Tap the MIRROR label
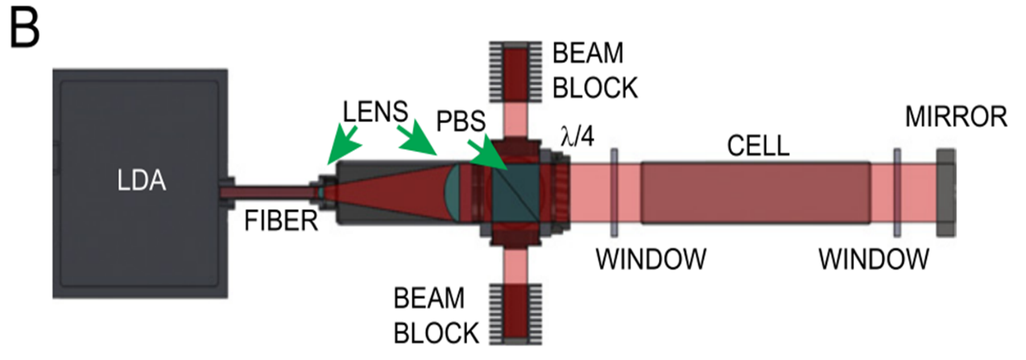(956, 117)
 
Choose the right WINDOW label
(874, 259)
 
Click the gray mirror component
(945, 192)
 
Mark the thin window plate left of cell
(614, 192)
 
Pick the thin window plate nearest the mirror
(896, 192)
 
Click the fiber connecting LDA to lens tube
(267, 193)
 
